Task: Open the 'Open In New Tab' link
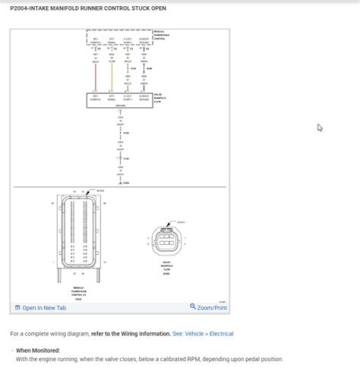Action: point(44,308)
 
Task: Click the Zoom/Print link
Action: point(212,308)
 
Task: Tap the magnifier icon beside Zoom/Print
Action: point(193,307)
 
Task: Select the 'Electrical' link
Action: point(221,334)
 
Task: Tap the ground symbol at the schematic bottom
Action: point(120,182)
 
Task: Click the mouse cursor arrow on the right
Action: point(320,128)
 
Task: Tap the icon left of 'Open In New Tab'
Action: point(17,308)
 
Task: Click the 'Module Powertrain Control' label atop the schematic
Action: point(159,34)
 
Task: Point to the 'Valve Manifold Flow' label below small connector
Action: point(166,266)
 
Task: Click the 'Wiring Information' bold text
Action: point(143,334)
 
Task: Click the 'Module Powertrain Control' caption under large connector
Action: point(79,291)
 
